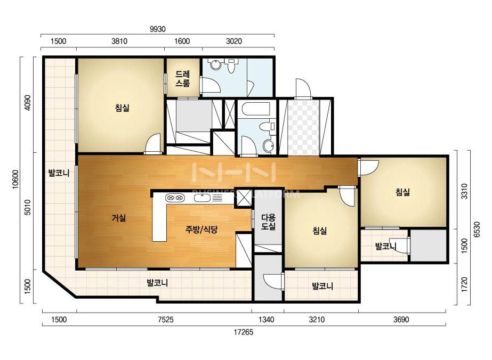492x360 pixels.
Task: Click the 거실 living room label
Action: pos(119,218)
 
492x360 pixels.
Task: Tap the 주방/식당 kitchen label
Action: pos(201,230)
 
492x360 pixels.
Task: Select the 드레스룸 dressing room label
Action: pos(183,79)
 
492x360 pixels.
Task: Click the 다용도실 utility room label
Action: pos(268,222)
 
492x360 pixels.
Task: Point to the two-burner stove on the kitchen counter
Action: pos(174,198)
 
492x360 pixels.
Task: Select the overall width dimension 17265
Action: pos(243,332)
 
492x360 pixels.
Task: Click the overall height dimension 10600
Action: pos(15,179)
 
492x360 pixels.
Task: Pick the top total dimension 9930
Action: pos(158,29)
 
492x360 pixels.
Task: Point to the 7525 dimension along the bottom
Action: pos(165,320)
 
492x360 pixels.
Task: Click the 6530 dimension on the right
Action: pos(477,230)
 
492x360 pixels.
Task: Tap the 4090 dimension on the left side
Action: pos(28,103)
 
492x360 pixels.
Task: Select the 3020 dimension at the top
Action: pos(234,41)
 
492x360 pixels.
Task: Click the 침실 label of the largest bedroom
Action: pos(122,108)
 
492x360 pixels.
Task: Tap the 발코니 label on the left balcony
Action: pos(59,173)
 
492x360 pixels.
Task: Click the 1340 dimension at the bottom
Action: pos(266,320)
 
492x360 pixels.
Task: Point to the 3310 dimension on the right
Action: pos(464,191)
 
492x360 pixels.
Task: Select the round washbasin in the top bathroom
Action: pos(215,64)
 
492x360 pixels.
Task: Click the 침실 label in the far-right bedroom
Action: pos(402,192)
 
